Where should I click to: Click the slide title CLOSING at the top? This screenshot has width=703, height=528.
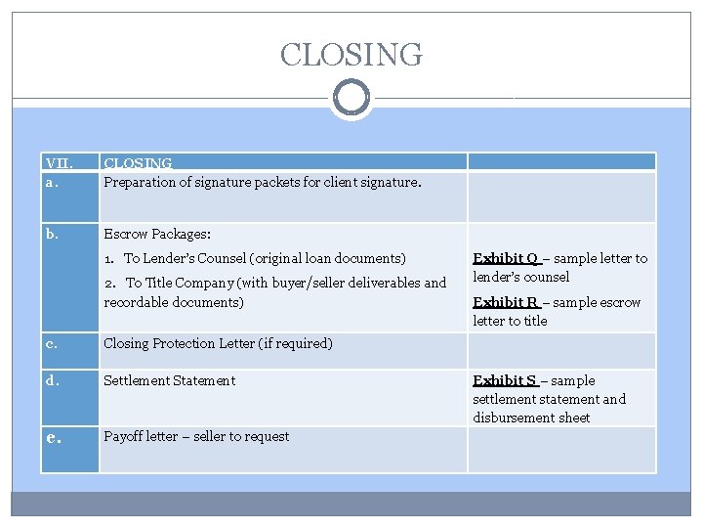(x=351, y=54)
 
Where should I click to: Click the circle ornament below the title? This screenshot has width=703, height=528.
(x=351, y=98)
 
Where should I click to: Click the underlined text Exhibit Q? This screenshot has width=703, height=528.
(x=506, y=258)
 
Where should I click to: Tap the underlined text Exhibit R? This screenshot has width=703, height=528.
(x=506, y=302)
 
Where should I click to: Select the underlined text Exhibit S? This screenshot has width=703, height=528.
(x=505, y=380)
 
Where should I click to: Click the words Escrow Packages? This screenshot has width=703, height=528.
(x=157, y=235)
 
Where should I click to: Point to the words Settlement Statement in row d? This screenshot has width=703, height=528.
(x=169, y=380)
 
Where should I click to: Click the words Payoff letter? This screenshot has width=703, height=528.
(x=141, y=436)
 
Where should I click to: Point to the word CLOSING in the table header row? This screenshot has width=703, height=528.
(x=138, y=163)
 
